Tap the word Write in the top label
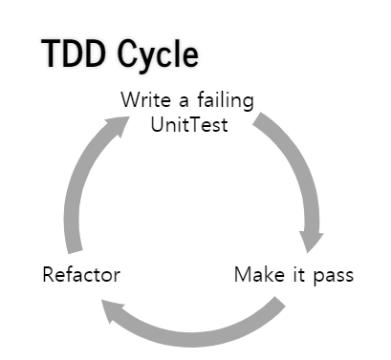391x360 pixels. [141, 100]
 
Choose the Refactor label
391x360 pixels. [82, 275]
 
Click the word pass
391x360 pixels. [333, 277]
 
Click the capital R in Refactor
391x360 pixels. [49, 275]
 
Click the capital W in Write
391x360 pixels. [128, 100]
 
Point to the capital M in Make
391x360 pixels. [242, 275]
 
